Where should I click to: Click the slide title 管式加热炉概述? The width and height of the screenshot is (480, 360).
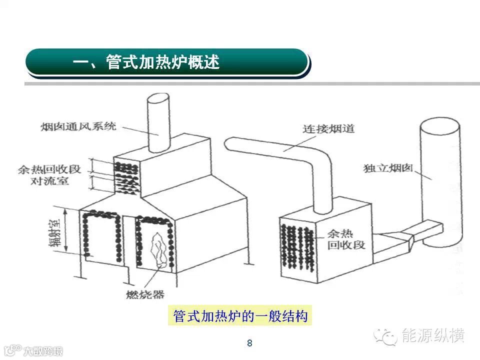click(146, 62)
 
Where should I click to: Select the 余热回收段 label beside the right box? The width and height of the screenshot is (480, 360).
click(346, 239)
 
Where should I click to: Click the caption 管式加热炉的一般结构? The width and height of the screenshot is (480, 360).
click(240, 316)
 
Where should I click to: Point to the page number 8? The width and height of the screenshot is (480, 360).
click(249, 343)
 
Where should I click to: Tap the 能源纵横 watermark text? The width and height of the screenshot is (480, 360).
click(433, 335)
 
